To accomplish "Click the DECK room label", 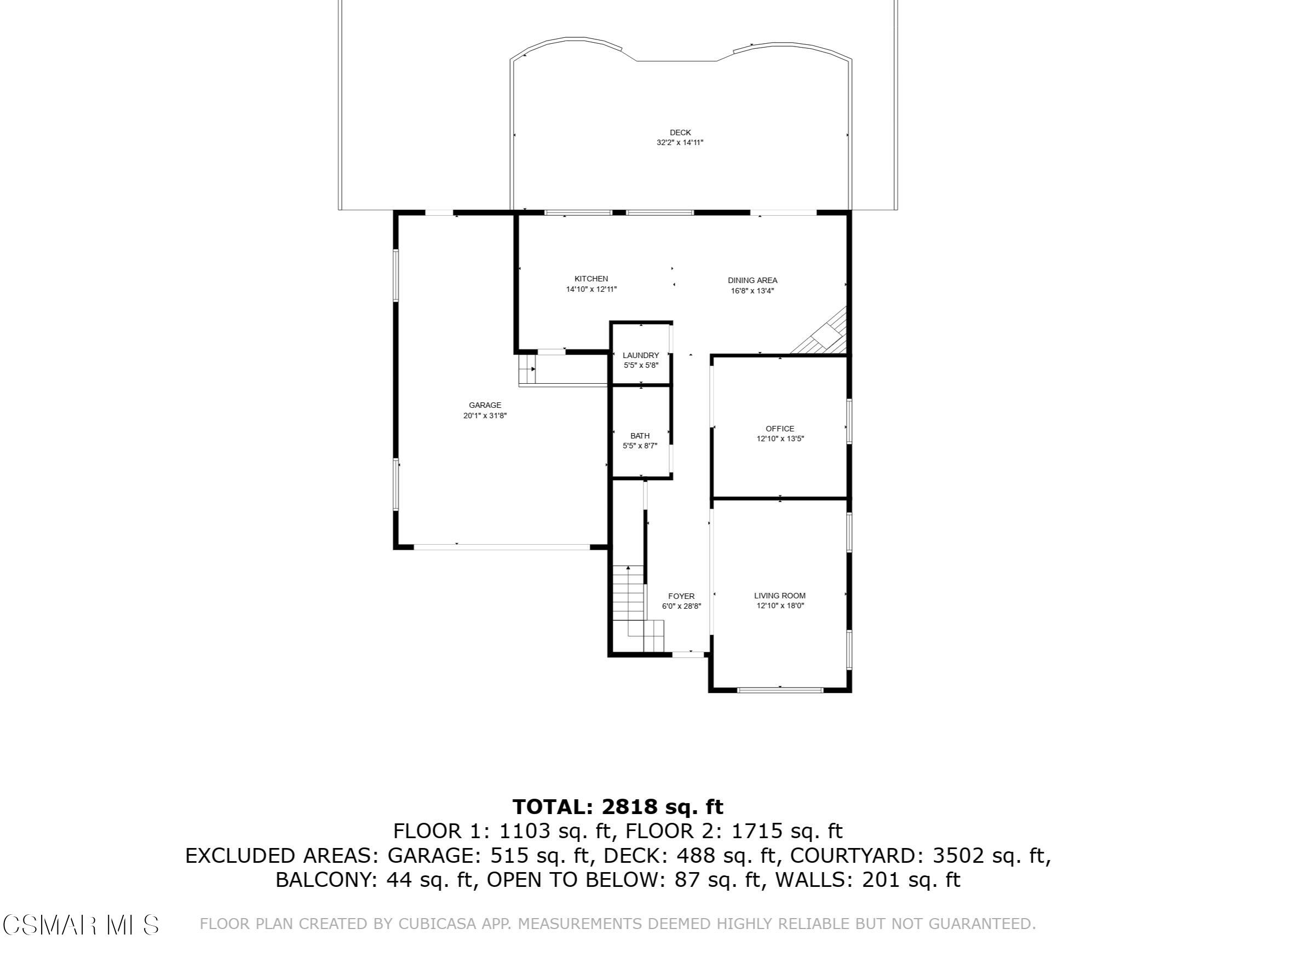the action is click(x=680, y=132).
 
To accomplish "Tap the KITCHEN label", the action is click(x=591, y=279).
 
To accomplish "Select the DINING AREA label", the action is click(x=752, y=280).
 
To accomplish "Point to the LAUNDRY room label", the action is click(x=641, y=355).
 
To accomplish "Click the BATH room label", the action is click(x=640, y=436).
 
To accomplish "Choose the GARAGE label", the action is click(x=485, y=405).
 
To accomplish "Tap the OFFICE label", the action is click(x=780, y=429).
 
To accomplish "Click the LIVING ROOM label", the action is click(x=780, y=596).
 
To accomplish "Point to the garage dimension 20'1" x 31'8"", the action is click(x=485, y=416).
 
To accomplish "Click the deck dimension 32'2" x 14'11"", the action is click(x=680, y=142).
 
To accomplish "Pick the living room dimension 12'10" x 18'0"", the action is click(x=780, y=605).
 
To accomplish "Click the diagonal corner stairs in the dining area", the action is click(x=821, y=334).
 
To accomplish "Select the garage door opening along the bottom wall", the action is click(x=502, y=547).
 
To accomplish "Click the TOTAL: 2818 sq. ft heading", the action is click(x=618, y=807).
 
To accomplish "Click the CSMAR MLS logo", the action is click(x=81, y=925).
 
